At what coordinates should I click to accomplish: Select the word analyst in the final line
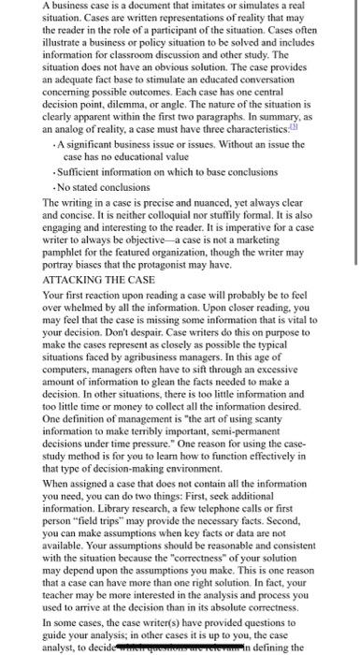click(39, 620)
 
